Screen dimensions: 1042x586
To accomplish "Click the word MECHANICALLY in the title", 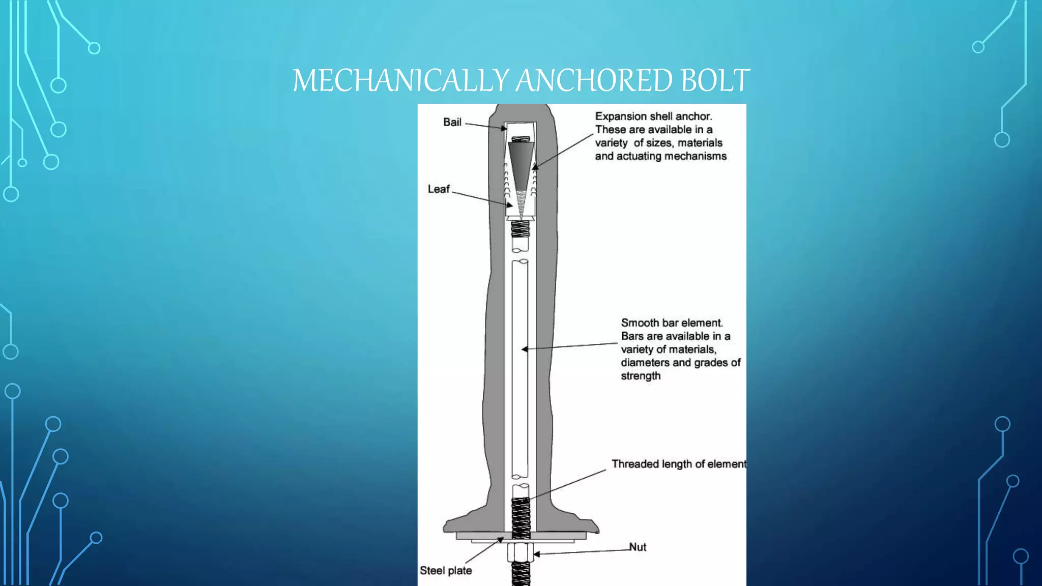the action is coord(400,80).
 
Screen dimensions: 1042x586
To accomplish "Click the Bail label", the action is coord(452,122).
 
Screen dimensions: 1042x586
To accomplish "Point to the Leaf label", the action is coord(439,189).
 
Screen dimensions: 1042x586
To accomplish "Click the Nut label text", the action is coord(638,547).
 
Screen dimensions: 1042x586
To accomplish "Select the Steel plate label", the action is coord(446,571).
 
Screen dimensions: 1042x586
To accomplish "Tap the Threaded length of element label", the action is coord(679,464).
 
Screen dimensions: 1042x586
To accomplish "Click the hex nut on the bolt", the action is coord(520,552).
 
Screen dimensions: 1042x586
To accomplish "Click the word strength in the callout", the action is coord(641,376).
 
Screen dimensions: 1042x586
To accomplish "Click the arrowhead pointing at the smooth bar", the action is coord(525,349).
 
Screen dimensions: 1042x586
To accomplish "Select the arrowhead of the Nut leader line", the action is coord(537,553).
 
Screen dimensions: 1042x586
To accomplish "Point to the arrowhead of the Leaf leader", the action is coord(509,205).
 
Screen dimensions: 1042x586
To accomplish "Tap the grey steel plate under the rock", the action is coord(521,536).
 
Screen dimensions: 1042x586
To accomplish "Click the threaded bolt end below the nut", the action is coord(520,574).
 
